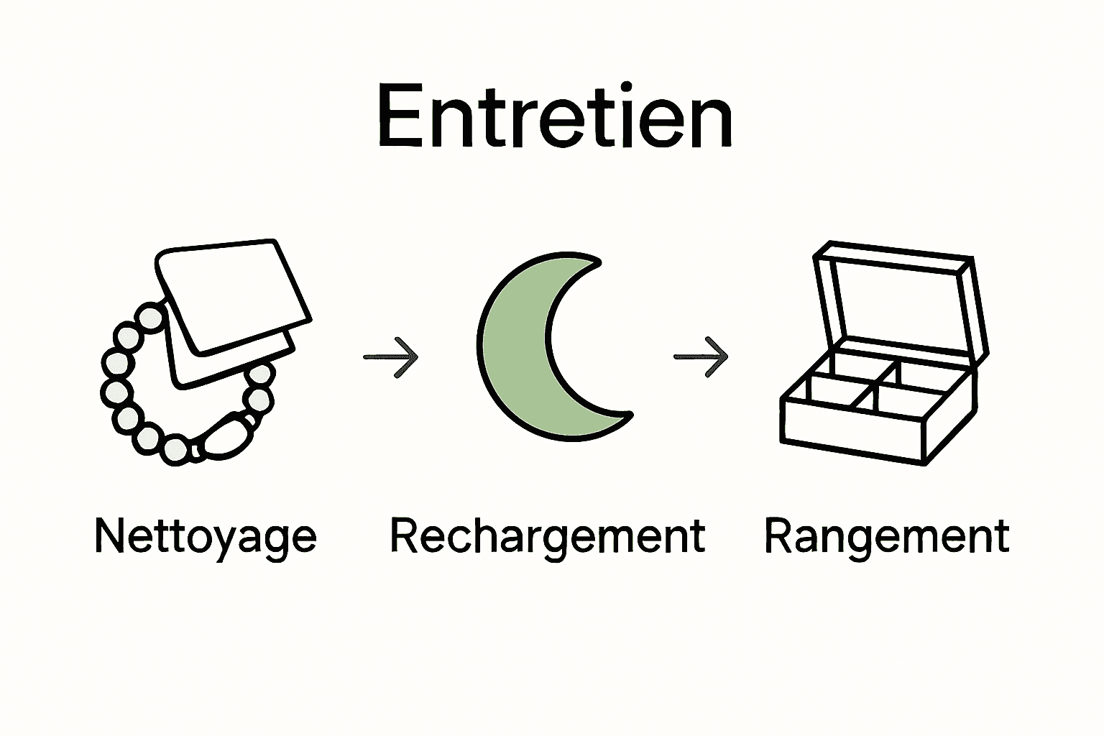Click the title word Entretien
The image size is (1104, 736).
[554, 117]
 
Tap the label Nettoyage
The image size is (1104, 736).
[206, 536]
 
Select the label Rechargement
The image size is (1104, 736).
[548, 536]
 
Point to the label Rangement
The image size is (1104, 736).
[887, 536]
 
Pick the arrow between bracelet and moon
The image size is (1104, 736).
[391, 356]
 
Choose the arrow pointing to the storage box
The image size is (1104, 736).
[701, 356]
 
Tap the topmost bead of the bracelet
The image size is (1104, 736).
[151, 316]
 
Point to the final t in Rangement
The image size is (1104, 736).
[1001, 536]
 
